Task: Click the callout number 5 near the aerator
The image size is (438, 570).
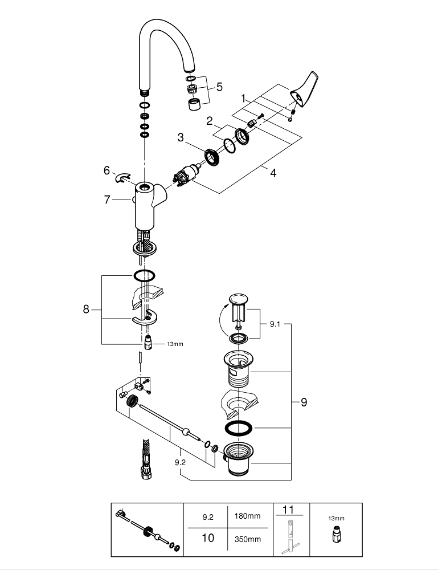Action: point(219,87)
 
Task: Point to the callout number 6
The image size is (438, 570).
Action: point(106,170)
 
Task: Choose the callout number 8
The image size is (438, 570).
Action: point(86,310)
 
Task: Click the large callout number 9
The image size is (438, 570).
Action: point(304,402)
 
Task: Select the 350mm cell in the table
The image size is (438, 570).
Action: point(248,539)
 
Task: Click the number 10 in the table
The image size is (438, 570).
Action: point(208,538)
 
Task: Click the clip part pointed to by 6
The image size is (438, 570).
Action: point(124,178)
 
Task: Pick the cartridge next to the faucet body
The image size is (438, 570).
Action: point(185,173)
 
